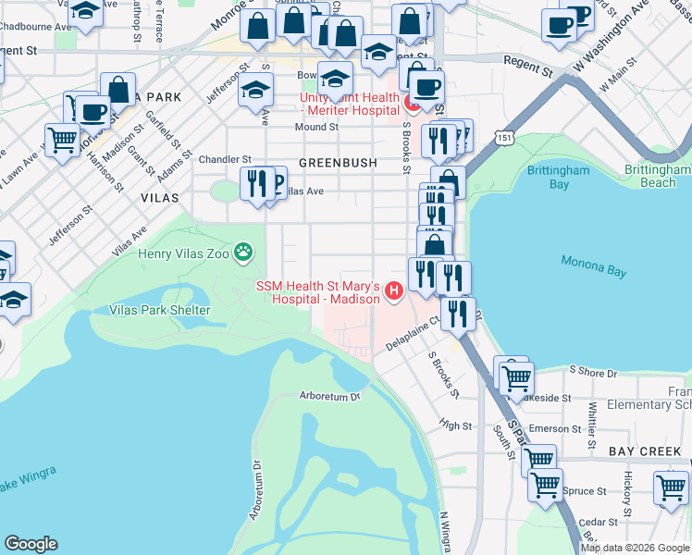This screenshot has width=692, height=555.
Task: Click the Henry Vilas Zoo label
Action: click(183, 253)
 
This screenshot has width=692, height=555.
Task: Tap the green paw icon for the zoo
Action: click(243, 251)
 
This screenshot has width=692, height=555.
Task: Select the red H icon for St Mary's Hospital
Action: click(395, 291)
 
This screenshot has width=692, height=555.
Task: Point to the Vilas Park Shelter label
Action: click(160, 310)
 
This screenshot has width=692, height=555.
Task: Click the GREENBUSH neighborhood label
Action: click(338, 163)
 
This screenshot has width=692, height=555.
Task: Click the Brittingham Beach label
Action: click(657, 177)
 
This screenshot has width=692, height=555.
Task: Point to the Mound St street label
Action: click(316, 128)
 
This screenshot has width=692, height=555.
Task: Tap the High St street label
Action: click(456, 425)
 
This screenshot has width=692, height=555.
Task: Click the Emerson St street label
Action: click(554, 428)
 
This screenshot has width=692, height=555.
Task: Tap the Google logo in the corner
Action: click(31, 544)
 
